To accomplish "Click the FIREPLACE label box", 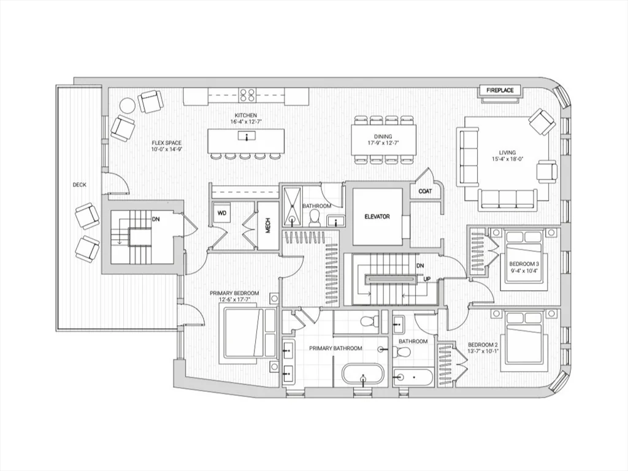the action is click(x=500, y=91).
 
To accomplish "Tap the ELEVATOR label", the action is click(x=377, y=216).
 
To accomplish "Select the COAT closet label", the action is click(x=425, y=191).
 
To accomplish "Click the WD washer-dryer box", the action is click(x=222, y=213).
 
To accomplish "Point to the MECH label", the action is click(x=268, y=225).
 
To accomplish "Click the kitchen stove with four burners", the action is click(x=247, y=95).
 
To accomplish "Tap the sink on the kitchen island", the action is click(x=247, y=137).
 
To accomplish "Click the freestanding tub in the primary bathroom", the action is click(x=363, y=375).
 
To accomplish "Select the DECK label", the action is click(x=79, y=185).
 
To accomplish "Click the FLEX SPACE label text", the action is click(x=167, y=143).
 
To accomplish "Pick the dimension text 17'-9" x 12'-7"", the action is click(x=383, y=143).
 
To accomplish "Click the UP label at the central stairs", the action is click(x=427, y=279).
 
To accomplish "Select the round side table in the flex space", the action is click(x=128, y=105).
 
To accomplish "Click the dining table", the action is click(x=384, y=140).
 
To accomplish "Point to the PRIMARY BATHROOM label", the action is click(x=335, y=348).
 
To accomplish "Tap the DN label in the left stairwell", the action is click(x=156, y=220).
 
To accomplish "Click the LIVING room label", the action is click(x=507, y=153).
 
